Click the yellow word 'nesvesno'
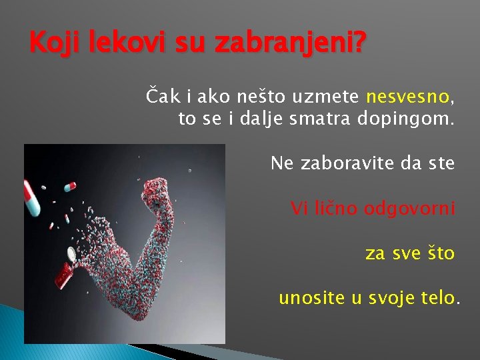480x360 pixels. click(x=408, y=99)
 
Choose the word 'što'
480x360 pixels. click(x=438, y=253)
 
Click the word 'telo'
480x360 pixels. click(x=437, y=297)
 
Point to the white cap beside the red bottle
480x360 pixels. click(x=71, y=254)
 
